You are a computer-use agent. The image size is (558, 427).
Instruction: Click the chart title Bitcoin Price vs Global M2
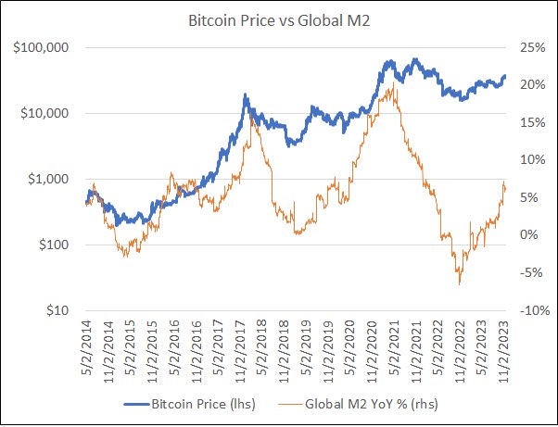(x=279, y=20)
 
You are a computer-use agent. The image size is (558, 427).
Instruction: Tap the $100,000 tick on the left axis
(x=41, y=47)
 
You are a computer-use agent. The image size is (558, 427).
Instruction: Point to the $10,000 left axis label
(x=44, y=113)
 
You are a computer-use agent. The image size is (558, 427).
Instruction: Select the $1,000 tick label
(x=48, y=179)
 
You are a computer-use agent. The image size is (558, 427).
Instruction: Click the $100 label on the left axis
(x=54, y=245)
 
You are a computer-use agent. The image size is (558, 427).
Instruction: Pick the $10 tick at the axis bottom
(x=57, y=310)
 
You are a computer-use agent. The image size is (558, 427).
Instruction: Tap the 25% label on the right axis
(x=533, y=47)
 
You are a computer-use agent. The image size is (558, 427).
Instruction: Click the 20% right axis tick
(x=533, y=85)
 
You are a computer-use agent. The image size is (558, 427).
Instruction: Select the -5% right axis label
(x=530, y=273)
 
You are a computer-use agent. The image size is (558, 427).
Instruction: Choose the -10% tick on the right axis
(x=535, y=310)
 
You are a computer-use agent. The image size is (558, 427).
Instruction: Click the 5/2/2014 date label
(x=86, y=348)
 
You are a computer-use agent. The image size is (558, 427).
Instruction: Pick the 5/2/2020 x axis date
(x=350, y=348)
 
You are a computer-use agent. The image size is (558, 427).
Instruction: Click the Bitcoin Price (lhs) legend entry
(x=190, y=404)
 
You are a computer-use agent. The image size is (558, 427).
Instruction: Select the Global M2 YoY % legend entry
(x=358, y=404)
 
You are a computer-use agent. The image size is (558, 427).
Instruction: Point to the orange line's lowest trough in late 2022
(x=460, y=284)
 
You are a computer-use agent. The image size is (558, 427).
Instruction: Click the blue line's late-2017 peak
(x=245, y=94)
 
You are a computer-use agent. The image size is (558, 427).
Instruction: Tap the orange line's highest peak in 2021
(x=393, y=82)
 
